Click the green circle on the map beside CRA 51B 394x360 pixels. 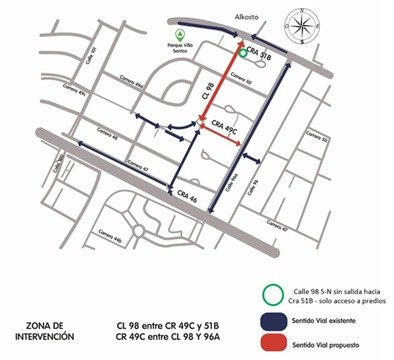click(x=244, y=56)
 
